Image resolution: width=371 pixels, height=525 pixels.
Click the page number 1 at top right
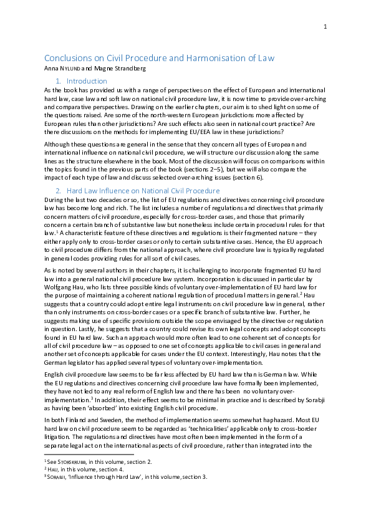[325, 26]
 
